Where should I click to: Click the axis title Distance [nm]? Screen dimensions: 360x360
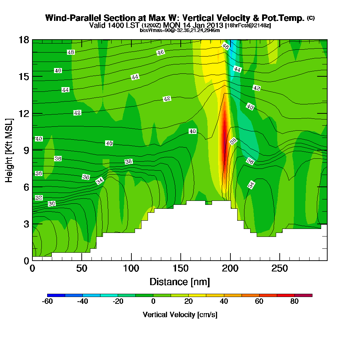click(180, 282)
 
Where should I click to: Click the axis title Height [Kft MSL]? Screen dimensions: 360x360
click(9, 150)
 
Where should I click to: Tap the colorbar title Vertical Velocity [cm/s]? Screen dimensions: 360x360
click(180, 315)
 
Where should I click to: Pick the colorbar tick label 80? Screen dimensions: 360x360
click(294, 302)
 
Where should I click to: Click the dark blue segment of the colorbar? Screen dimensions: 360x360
click(56, 295)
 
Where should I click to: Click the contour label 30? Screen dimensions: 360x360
click(51, 204)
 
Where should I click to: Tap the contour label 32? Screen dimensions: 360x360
click(39, 198)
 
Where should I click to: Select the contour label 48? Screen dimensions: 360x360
click(71, 52)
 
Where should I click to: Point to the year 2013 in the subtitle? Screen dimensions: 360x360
click(214, 26)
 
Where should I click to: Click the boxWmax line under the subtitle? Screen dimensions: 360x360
click(180, 30)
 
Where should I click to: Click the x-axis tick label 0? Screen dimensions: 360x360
click(32, 269)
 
